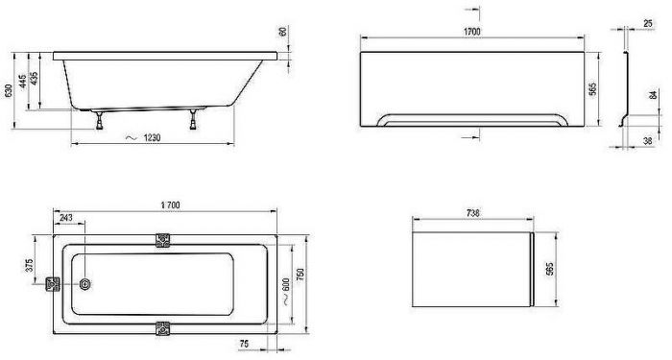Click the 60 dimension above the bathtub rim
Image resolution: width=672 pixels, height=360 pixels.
pyautogui.click(x=283, y=32)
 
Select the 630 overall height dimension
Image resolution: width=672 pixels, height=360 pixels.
pyautogui.click(x=8, y=90)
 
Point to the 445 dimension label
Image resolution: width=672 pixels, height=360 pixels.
pyautogui.click(x=23, y=80)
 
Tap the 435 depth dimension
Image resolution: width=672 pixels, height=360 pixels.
pyautogui.click(x=34, y=78)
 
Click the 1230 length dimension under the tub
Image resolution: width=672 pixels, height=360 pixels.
pyautogui.click(x=152, y=138)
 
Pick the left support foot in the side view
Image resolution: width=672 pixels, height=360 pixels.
pyautogui.click(x=99, y=120)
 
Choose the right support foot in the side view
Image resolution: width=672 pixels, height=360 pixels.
pyautogui.click(x=193, y=120)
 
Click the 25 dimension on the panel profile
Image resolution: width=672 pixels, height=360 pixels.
pyautogui.click(x=648, y=24)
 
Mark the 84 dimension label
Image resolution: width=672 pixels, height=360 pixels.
pyautogui.click(x=653, y=95)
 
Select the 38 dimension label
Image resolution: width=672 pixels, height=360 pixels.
pyautogui.click(x=648, y=140)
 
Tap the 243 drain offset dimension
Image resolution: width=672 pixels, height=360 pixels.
pyautogui.click(x=65, y=218)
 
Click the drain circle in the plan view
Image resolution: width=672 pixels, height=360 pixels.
pyautogui.click(x=84, y=284)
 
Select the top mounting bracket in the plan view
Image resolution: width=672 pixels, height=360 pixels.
pyautogui.click(x=162, y=240)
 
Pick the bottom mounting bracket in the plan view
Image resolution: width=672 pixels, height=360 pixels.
pyautogui.click(x=162, y=328)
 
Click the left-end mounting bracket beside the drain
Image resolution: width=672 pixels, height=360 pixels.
pyautogui.click(x=53, y=284)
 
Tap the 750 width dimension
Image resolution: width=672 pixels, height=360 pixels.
pyautogui.click(x=300, y=276)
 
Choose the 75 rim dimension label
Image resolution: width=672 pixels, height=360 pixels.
pyautogui.click(x=244, y=344)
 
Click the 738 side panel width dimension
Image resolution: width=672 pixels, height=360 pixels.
pyautogui.click(x=472, y=212)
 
